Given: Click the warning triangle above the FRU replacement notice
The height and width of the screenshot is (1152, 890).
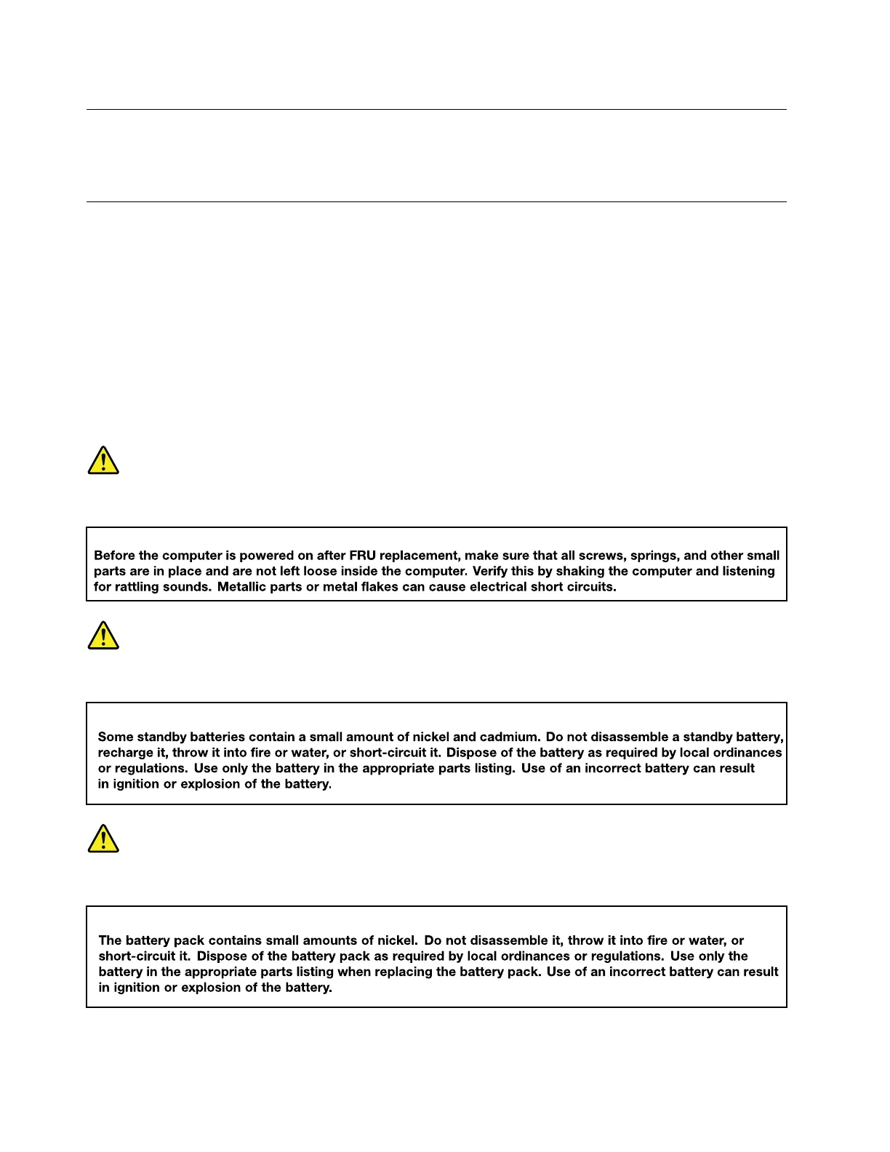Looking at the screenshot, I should (x=103, y=460).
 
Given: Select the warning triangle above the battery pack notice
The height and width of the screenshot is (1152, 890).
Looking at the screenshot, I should (x=103, y=839).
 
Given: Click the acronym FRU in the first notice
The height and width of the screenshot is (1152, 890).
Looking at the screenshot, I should (x=362, y=556).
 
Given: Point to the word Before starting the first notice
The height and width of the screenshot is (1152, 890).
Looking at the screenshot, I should (x=115, y=556).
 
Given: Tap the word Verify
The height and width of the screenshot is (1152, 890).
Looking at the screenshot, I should (x=490, y=571).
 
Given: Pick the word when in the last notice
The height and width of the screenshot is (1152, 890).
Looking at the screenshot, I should (x=355, y=972).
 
